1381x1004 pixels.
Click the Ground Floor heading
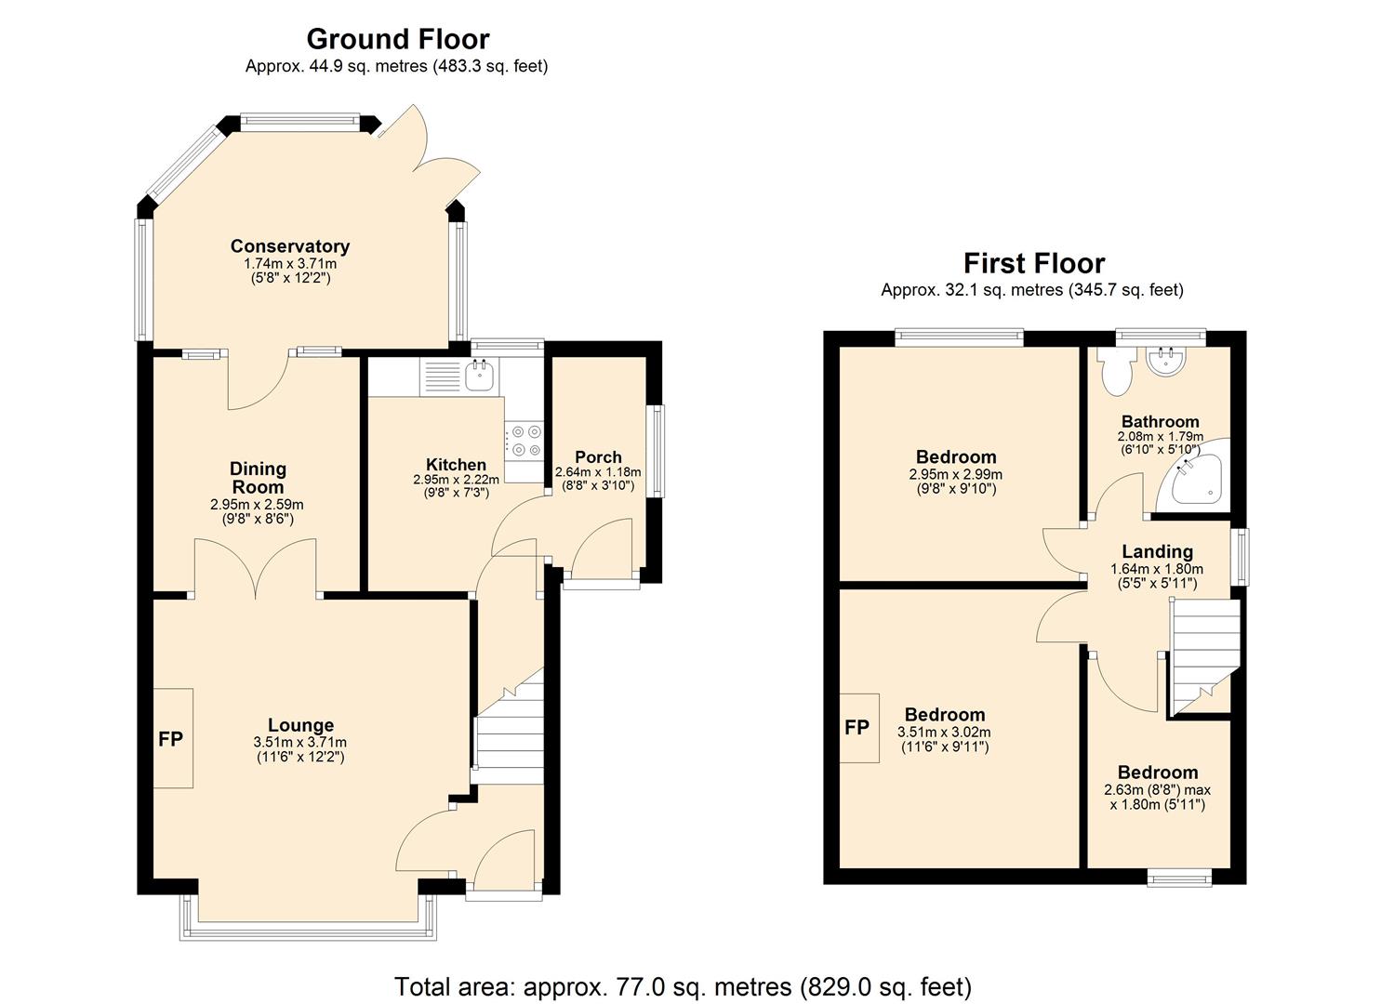coord(397,39)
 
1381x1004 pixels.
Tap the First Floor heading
coord(1033,263)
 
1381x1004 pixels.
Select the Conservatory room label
coord(290,246)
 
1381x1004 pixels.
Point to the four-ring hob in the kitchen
coord(525,442)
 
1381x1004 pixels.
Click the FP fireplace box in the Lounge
coord(172,739)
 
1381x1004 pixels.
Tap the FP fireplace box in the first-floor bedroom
coord(857,728)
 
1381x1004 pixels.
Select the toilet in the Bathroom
coord(1113,372)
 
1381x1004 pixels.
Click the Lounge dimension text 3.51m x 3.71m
coord(299,743)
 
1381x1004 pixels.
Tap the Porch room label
coord(598,457)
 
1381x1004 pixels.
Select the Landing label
coord(1157,552)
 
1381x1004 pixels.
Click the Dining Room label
coord(258,478)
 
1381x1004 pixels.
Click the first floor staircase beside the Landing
coord(1204,651)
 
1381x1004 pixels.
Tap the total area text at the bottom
coord(683,986)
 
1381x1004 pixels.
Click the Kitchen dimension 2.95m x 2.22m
coord(456,480)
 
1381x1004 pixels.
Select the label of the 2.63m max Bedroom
coord(1157,773)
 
